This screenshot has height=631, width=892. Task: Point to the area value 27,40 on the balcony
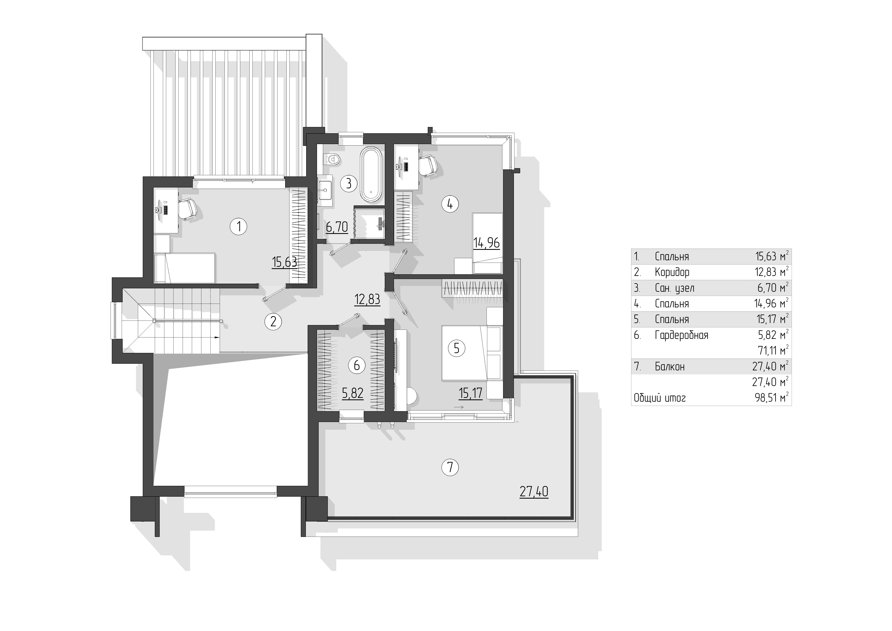click(534, 492)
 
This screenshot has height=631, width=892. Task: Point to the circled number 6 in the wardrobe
click(357, 365)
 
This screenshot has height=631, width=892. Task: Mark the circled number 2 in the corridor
click(273, 322)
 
